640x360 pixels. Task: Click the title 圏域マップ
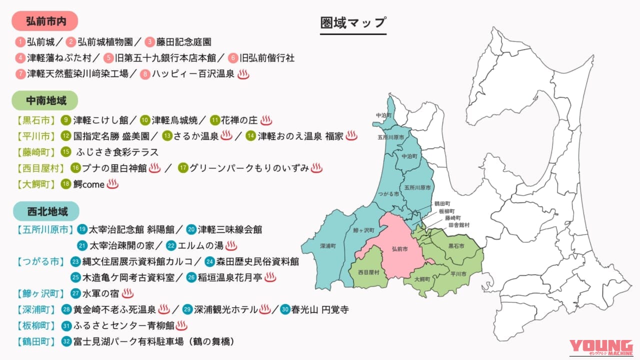click(353, 23)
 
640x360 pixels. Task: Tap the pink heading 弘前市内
click(45, 21)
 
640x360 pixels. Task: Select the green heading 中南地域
click(45, 100)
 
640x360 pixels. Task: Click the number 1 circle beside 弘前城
click(20, 42)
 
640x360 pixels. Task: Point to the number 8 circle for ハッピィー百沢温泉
click(145, 74)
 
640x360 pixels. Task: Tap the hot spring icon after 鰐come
click(113, 184)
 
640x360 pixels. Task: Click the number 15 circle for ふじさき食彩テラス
click(66, 152)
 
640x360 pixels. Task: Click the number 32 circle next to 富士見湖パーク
click(66, 341)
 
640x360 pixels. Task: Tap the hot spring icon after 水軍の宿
click(128, 293)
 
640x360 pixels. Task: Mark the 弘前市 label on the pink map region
click(400, 248)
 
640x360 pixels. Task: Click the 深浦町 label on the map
click(328, 246)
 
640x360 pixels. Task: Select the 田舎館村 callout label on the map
click(459, 225)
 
